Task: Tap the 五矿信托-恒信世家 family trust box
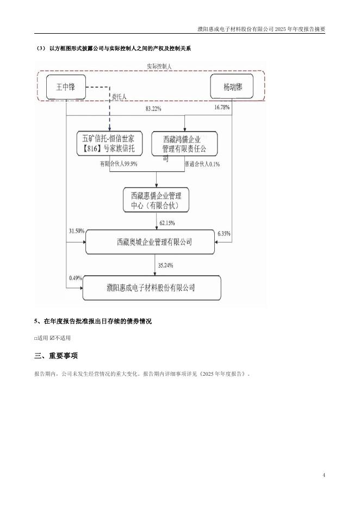click(109, 144)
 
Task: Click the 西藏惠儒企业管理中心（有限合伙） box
click(156, 200)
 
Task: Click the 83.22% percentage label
click(153, 109)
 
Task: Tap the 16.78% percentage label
click(222, 108)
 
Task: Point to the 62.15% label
click(167, 223)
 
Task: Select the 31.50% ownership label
click(77, 231)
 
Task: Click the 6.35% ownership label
click(224, 233)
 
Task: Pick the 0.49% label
click(75, 278)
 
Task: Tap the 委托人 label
click(120, 97)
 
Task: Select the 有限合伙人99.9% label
click(118, 163)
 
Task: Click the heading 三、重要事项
click(56, 356)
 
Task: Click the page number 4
click(324, 475)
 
